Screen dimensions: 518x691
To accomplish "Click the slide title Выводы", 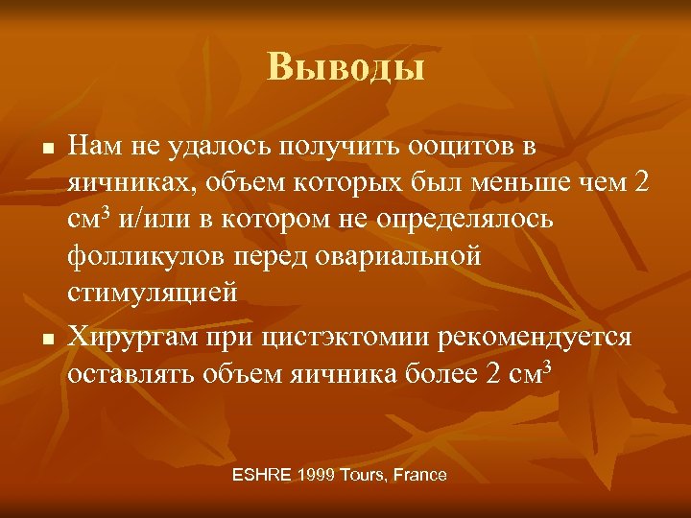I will [345, 67].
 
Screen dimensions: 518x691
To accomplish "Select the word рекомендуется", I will [536, 338].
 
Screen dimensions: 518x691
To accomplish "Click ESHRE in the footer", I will [263, 475].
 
